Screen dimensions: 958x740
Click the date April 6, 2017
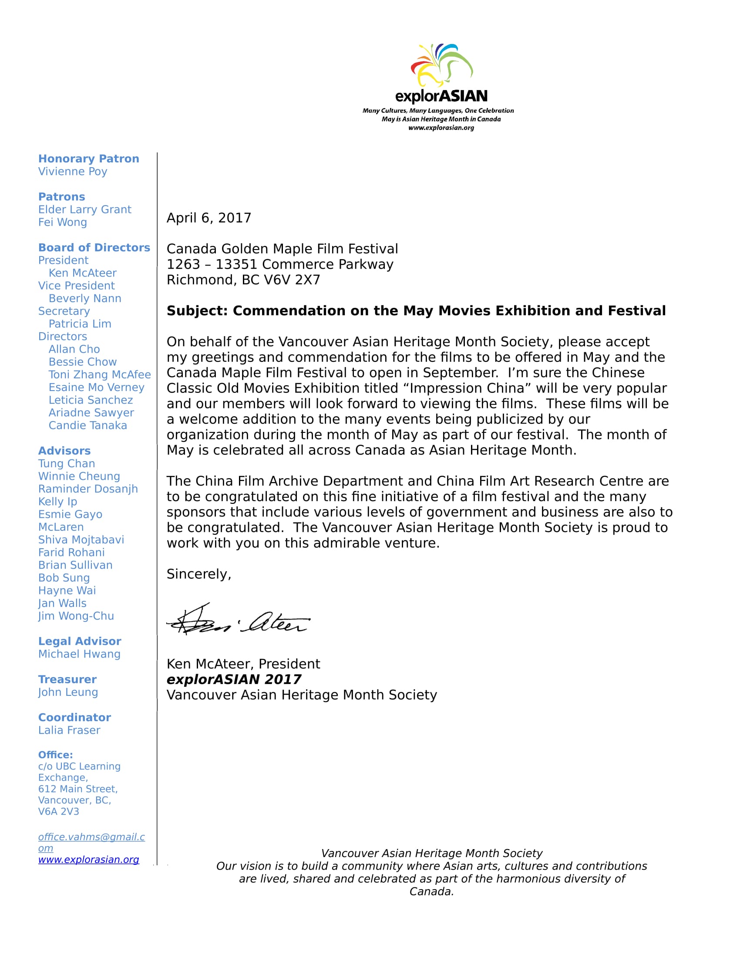pyautogui.click(x=209, y=218)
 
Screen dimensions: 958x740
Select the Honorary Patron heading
pyautogui.click(x=88, y=159)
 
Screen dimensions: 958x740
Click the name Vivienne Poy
pyautogui.click(x=73, y=172)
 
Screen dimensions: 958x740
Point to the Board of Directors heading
pyautogui.click(x=94, y=248)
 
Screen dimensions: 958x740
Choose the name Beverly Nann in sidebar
pyautogui.click(x=85, y=299)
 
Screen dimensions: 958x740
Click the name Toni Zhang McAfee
pyautogui.click(x=100, y=374)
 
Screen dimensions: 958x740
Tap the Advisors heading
pyautogui.click(x=64, y=451)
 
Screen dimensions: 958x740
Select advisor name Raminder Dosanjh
pyautogui.click(x=88, y=489)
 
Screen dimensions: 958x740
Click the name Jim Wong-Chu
pyautogui.click(x=76, y=616)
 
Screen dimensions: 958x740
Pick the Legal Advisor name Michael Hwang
pyautogui.click(x=79, y=654)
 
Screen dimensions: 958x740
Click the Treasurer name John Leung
pyautogui.click(x=68, y=693)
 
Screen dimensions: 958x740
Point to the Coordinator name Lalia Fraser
pyautogui.click(x=69, y=730)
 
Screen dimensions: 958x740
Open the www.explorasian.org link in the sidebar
pyautogui.click(x=88, y=860)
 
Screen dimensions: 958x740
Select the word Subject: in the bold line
pyautogui.click(x=197, y=311)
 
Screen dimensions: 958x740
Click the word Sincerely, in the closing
pyautogui.click(x=198, y=574)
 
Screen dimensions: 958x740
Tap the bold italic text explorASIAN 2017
pyautogui.click(x=234, y=679)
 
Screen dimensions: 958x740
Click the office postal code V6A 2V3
pyautogui.click(x=59, y=812)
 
